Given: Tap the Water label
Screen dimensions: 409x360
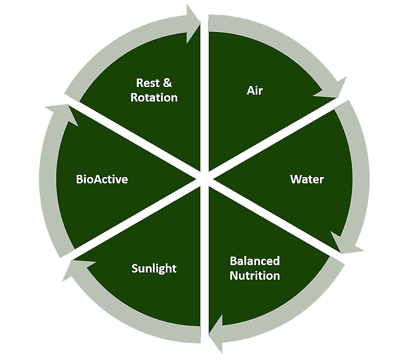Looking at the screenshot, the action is (x=307, y=179).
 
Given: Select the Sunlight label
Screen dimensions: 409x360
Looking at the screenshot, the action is (x=154, y=269).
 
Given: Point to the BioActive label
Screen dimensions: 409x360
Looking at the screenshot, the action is (x=102, y=179).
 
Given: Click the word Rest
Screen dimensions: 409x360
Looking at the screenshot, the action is (x=148, y=83).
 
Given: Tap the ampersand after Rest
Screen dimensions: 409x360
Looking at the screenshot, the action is (x=168, y=83).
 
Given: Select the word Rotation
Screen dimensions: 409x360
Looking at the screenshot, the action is (x=154, y=97).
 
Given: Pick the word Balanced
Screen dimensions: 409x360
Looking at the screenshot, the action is (x=255, y=261).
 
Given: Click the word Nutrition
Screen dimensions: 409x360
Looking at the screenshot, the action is (x=255, y=276).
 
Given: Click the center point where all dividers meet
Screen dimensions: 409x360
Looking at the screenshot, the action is (x=204, y=179).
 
